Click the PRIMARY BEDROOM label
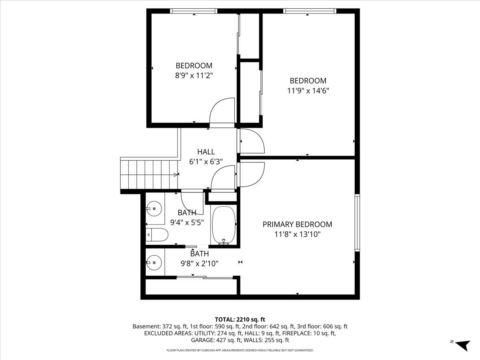[x=297, y=224]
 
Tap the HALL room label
[x=206, y=152]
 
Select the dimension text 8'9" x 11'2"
[x=194, y=76]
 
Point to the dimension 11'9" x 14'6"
[x=308, y=90]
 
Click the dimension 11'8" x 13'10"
[x=298, y=234]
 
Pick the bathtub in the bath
[x=224, y=225]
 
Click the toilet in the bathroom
[x=157, y=235]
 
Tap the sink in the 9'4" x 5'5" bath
[x=154, y=208]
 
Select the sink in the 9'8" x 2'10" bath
[x=154, y=262]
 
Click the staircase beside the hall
[x=149, y=174]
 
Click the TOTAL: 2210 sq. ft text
[x=240, y=319]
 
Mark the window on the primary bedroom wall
[x=357, y=222]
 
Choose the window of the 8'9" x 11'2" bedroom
[x=194, y=11]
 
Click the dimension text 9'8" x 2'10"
[x=200, y=264]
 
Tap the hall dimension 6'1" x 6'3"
[x=206, y=162]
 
